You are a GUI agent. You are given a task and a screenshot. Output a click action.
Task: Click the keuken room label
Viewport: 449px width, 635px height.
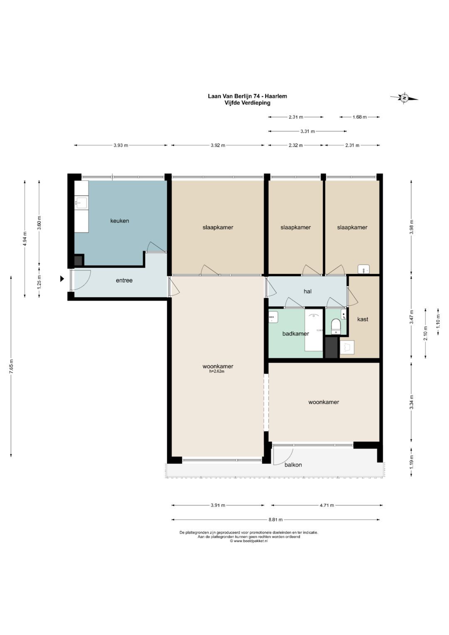click(x=120, y=221)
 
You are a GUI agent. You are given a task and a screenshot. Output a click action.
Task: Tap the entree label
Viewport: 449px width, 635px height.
click(x=124, y=281)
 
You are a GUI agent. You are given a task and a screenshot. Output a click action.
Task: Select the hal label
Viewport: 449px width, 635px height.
click(x=308, y=291)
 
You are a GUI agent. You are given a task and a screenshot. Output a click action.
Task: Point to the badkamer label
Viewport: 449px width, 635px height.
click(x=296, y=334)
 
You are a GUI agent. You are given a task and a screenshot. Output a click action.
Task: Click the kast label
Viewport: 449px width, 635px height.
click(x=363, y=319)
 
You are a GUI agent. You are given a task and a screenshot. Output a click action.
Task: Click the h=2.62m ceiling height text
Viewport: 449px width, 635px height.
click(x=217, y=371)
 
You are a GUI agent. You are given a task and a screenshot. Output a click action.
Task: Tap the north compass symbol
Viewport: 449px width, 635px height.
click(x=404, y=98)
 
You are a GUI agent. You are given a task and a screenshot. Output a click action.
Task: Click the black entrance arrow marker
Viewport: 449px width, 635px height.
click(x=62, y=279)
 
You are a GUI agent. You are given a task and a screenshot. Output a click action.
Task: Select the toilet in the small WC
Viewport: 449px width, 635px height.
click(x=336, y=326)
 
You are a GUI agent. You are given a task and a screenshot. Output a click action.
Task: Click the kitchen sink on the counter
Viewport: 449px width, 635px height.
click(x=82, y=203)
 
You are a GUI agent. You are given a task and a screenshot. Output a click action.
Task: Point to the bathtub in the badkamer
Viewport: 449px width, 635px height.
click(x=314, y=330)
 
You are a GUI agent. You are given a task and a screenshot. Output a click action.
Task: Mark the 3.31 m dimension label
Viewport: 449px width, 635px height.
click(x=308, y=131)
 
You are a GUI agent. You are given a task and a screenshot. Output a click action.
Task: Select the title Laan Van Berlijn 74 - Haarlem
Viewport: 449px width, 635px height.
click(x=247, y=96)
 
